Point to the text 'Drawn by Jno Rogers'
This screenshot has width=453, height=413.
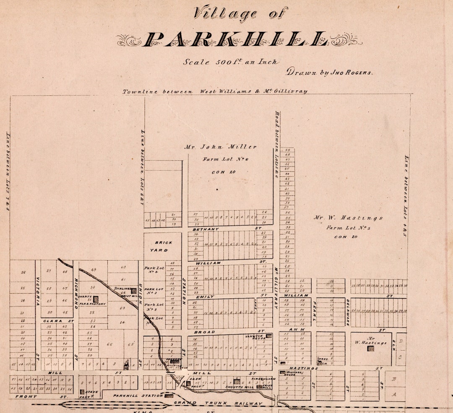point(329,72)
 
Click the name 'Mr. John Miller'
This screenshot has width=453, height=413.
point(220,147)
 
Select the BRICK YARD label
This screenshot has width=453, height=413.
point(163,246)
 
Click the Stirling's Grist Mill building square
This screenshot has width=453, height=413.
point(133,291)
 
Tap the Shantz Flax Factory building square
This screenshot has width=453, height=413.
point(96,299)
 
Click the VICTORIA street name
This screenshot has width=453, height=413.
point(38,291)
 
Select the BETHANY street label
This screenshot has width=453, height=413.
point(206,229)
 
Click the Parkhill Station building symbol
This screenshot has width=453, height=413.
point(169,395)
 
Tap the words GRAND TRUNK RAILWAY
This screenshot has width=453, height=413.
point(218,404)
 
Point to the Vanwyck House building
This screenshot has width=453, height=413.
point(268,336)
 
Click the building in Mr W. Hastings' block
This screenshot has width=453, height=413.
point(371,348)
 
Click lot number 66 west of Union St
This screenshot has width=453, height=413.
point(110,344)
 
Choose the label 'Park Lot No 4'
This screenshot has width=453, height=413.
point(154,270)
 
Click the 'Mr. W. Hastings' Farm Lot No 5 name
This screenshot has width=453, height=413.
point(348,218)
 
